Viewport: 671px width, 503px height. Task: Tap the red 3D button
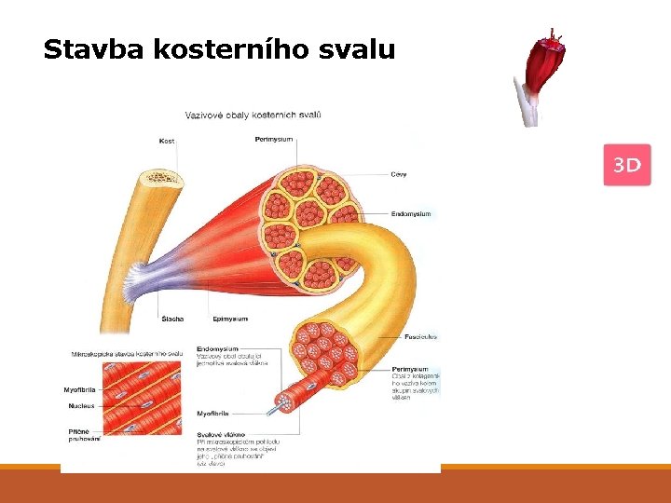pyautogui.click(x=626, y=166)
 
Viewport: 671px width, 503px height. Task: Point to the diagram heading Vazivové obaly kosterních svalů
pyautogui.click(x=253, y=115)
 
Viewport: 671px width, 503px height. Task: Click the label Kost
pyautogui.click(x=166, y=141)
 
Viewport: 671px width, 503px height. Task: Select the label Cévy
pyautogui.click(x=398, y=174)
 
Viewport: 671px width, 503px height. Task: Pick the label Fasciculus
pyautogui.click(x=420, y=336)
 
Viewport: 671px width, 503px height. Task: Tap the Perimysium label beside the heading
pyautogui.click(x=273, y=140)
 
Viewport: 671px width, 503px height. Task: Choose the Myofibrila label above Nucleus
pyautogui.click(x=82, y=390)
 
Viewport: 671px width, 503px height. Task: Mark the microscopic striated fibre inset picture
pyautogui.click(x=140, y=401)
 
